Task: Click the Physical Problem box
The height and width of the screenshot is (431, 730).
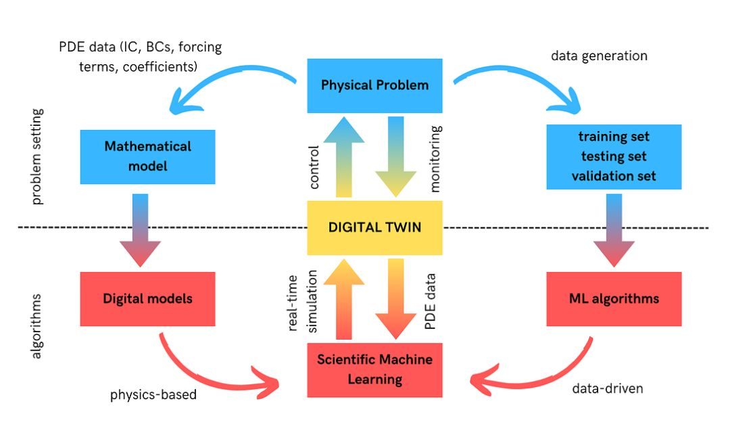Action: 374,85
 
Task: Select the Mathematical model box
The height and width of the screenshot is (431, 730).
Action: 147,156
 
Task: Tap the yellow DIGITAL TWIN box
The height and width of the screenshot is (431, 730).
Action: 374,227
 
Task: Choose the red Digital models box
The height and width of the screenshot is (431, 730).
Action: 147,298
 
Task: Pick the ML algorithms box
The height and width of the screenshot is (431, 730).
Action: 613,298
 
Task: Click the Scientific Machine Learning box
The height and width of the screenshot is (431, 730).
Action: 374,369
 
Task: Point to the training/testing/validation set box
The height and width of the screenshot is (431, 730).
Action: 613,156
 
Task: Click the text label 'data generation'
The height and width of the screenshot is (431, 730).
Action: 599,56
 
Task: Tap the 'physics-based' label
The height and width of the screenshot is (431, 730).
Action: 153,394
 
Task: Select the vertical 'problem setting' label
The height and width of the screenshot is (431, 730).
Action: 37,156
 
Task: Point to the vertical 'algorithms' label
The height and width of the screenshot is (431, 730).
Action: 37,325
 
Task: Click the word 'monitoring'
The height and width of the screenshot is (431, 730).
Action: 435,156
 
